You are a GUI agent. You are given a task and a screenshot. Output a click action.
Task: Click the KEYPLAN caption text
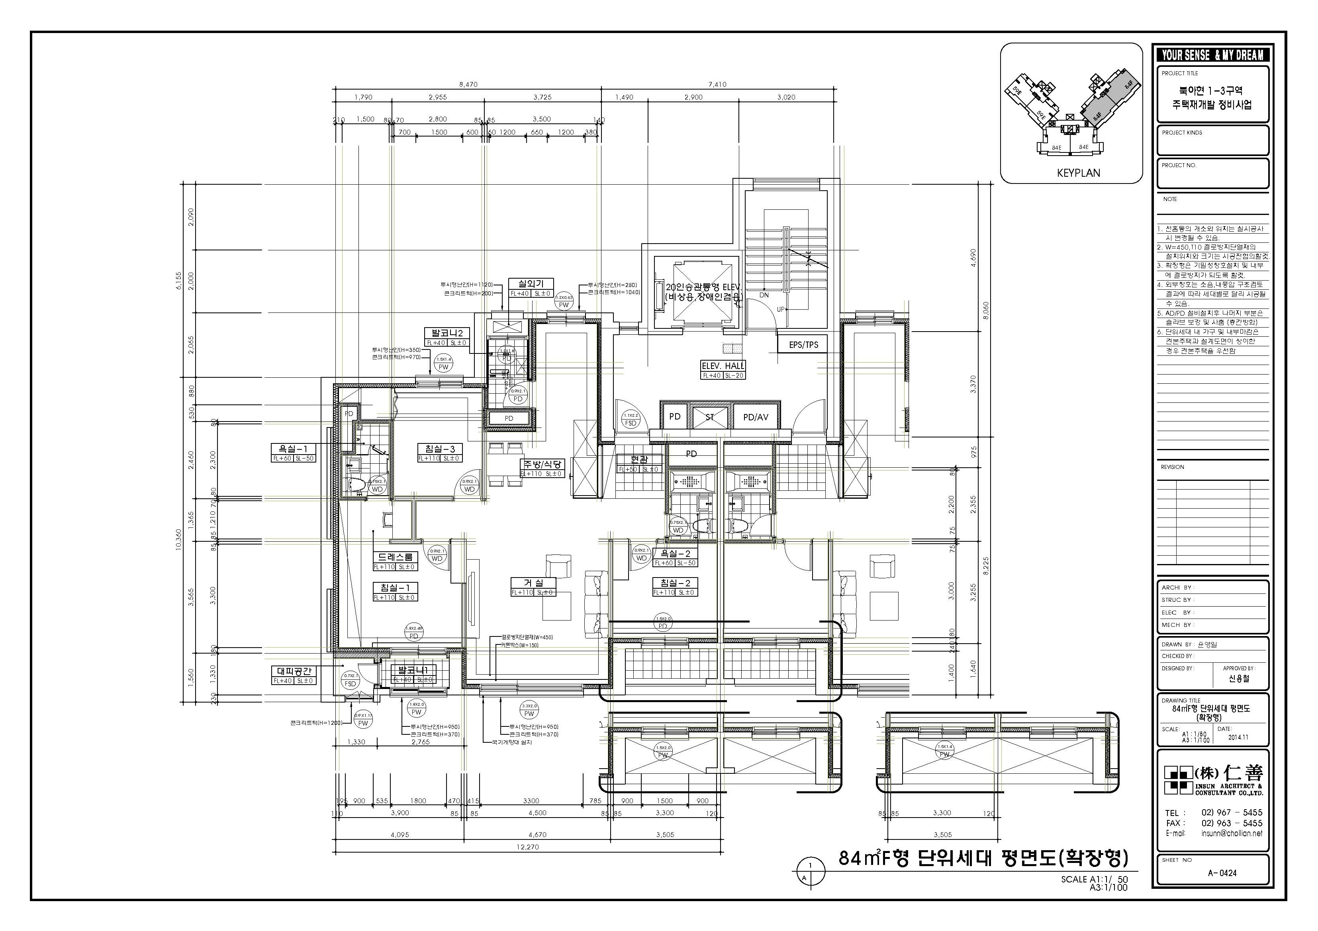point(1078,173)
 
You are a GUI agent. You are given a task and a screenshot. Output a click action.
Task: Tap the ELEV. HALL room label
point(723,366)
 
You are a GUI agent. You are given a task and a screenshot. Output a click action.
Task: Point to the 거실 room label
point(534,583)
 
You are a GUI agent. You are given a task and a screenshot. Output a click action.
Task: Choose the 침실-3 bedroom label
point(440,449)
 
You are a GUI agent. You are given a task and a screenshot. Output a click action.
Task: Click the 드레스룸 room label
point(396,557)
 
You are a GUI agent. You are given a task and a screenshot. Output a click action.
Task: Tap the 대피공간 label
point(294,671)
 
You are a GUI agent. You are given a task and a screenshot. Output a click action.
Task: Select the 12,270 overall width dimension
point(527,847)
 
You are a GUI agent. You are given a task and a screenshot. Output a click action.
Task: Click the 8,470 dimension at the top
point(468,84)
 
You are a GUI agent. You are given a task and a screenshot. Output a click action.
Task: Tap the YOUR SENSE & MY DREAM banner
point(1212,55)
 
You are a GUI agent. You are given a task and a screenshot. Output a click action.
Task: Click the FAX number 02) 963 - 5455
point(1231,823)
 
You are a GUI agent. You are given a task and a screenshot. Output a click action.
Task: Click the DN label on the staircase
point(764,295)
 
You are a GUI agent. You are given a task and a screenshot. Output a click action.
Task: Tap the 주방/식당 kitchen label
point(542,464)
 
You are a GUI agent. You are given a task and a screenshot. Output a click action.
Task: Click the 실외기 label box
point(531,283)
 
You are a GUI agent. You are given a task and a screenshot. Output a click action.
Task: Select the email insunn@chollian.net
point(1231,833)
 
